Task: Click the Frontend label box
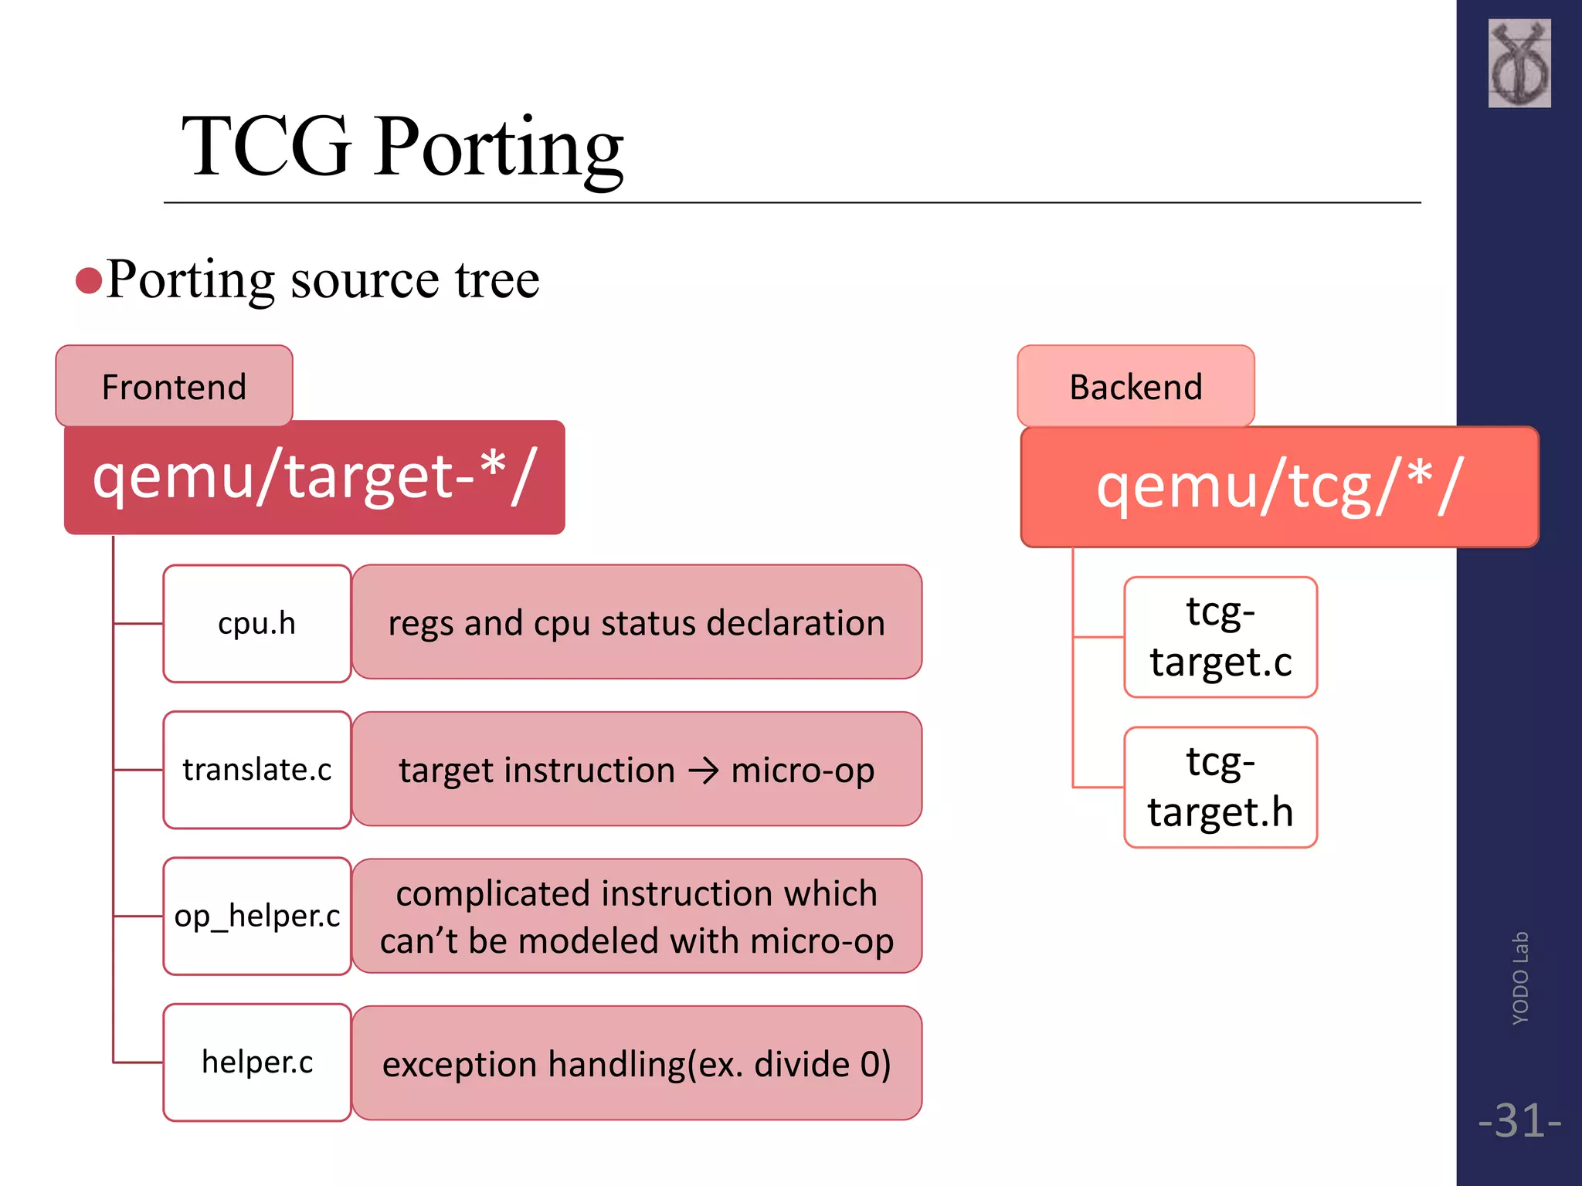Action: (174, 386)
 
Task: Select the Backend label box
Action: (1136, 386)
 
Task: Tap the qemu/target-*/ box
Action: (314, 477)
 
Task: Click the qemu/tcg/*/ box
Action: (1279, 487)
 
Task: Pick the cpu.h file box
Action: (257, 623)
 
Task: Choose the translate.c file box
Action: (257, 770)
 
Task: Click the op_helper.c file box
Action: (257, 916)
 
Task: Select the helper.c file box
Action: (257, 1062)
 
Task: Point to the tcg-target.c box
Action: (1220, 637)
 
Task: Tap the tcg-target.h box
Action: (1220, 787)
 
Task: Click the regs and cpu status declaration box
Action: (637, 622)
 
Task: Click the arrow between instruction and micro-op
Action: (703, 771)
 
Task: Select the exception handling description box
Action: (637, 1063)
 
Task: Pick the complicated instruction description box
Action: (637, 917)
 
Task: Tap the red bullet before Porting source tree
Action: (89, 281)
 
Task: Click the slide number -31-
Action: (1519, 1120)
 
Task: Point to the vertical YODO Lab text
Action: (1520, 978)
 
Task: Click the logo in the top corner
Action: (1519, 63)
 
